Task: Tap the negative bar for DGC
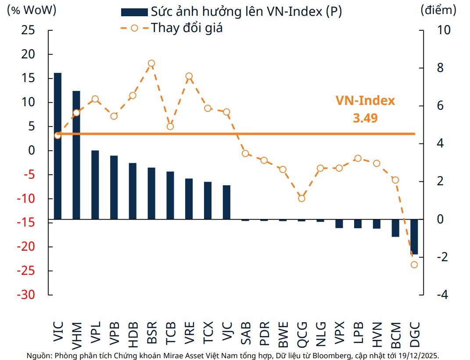[414, 237]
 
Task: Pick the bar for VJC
[226, 202]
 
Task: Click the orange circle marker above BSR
[151, 63]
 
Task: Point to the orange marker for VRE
[189, 76]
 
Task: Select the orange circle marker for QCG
[301, 198]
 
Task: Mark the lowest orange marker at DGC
[414, 265]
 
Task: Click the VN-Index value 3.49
[365, 118]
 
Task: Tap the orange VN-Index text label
[365, 101]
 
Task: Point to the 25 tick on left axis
[28, 30]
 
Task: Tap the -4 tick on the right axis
[441, 295]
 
